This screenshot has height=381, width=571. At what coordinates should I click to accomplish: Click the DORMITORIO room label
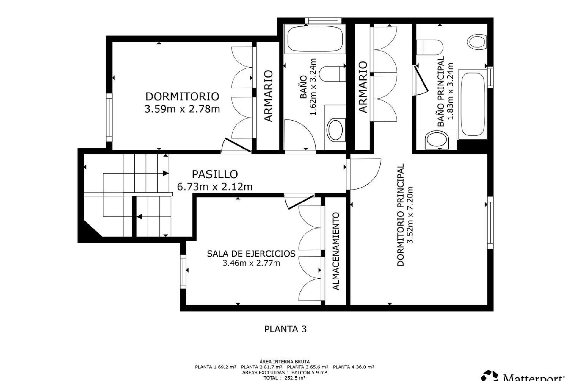coord(182,96)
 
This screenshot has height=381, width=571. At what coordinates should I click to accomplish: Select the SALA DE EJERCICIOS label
coord(251,253)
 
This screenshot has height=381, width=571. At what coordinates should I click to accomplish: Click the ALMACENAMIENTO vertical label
coord(336,251)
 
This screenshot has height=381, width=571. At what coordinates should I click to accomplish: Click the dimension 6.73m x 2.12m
coord(215,187)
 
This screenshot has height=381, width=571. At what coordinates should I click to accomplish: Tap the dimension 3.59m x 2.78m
coord(182,109)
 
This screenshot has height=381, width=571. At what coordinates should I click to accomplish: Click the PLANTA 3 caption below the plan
coord(285,329)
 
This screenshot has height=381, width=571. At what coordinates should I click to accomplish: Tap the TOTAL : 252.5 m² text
coord(285,378)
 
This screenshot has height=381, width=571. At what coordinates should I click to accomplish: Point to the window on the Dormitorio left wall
coord(109,118)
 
